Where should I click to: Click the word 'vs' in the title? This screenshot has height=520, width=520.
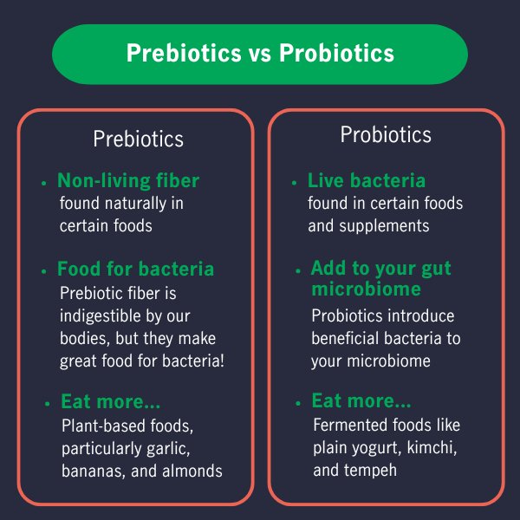(x=259, y=54)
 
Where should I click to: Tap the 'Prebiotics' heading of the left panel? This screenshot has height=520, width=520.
(x=138, y=140)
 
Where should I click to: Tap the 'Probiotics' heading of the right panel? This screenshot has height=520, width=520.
(x=386, y=135)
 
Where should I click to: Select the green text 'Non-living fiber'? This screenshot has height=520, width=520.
(x=128, y=181)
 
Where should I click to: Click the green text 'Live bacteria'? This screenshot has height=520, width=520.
(x=367, y=181)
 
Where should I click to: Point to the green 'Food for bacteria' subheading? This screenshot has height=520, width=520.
(x=135, y=269)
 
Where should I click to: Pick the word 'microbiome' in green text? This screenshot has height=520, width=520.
(x=366, y=289)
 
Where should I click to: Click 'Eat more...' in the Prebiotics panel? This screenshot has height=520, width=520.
(x=111, y=402)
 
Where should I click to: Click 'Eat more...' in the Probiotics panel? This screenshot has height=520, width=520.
(x=361, y=402)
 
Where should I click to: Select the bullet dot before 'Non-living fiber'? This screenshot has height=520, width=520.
(x=43, y=184)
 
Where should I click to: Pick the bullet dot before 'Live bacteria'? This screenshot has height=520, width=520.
(x=295, y=184)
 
